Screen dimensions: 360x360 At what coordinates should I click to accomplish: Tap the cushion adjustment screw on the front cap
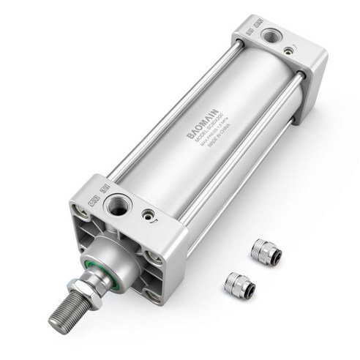coord(149,215)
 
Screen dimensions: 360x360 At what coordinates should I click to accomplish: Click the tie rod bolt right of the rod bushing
coord(154,256)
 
